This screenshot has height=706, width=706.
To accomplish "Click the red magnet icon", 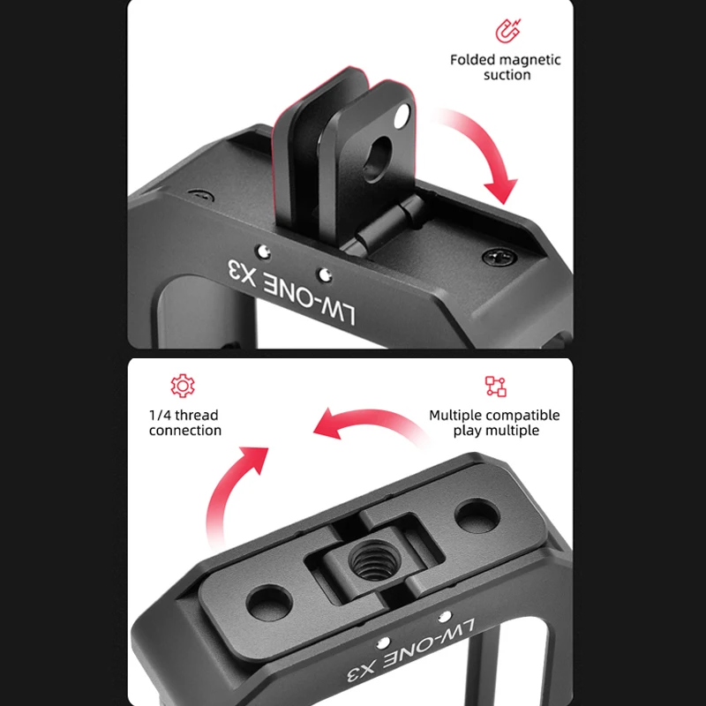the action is click(x=508, y=31).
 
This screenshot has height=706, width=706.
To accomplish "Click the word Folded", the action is click(x=470, y=59).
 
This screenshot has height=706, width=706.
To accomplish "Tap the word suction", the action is click(x=507, y=75).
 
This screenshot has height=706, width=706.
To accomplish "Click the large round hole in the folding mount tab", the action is click(x=379, y=159).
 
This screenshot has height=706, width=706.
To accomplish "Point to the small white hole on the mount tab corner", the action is click(x=402, y=116).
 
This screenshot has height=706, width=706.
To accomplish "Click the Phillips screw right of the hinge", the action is click(x=499, y=257).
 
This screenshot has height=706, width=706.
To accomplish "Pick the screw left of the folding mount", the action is click(x=201, y=196).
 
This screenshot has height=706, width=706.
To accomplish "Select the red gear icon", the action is click(x=183, y=386).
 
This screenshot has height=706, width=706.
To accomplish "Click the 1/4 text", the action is click(x=161, y=415).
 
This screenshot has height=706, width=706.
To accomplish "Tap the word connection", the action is click(x=185, y=431).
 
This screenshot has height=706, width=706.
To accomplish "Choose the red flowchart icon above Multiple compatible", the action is click(x=495, y=387).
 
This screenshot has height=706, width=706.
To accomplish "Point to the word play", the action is click(x=469, y=431).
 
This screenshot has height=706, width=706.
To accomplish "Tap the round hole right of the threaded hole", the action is click(x=477, y=516).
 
